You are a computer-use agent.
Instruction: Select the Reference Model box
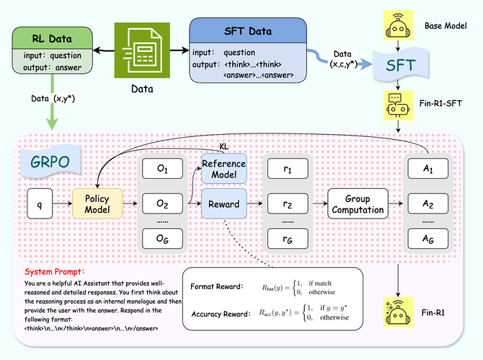pos(224,170)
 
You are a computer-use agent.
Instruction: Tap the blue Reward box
pos(224,204)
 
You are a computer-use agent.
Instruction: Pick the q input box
pos(37,204)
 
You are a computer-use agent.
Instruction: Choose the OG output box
pos(162,237)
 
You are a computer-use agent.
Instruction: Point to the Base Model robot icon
pos(398,25)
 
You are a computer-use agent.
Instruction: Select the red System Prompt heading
pos(55,272)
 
